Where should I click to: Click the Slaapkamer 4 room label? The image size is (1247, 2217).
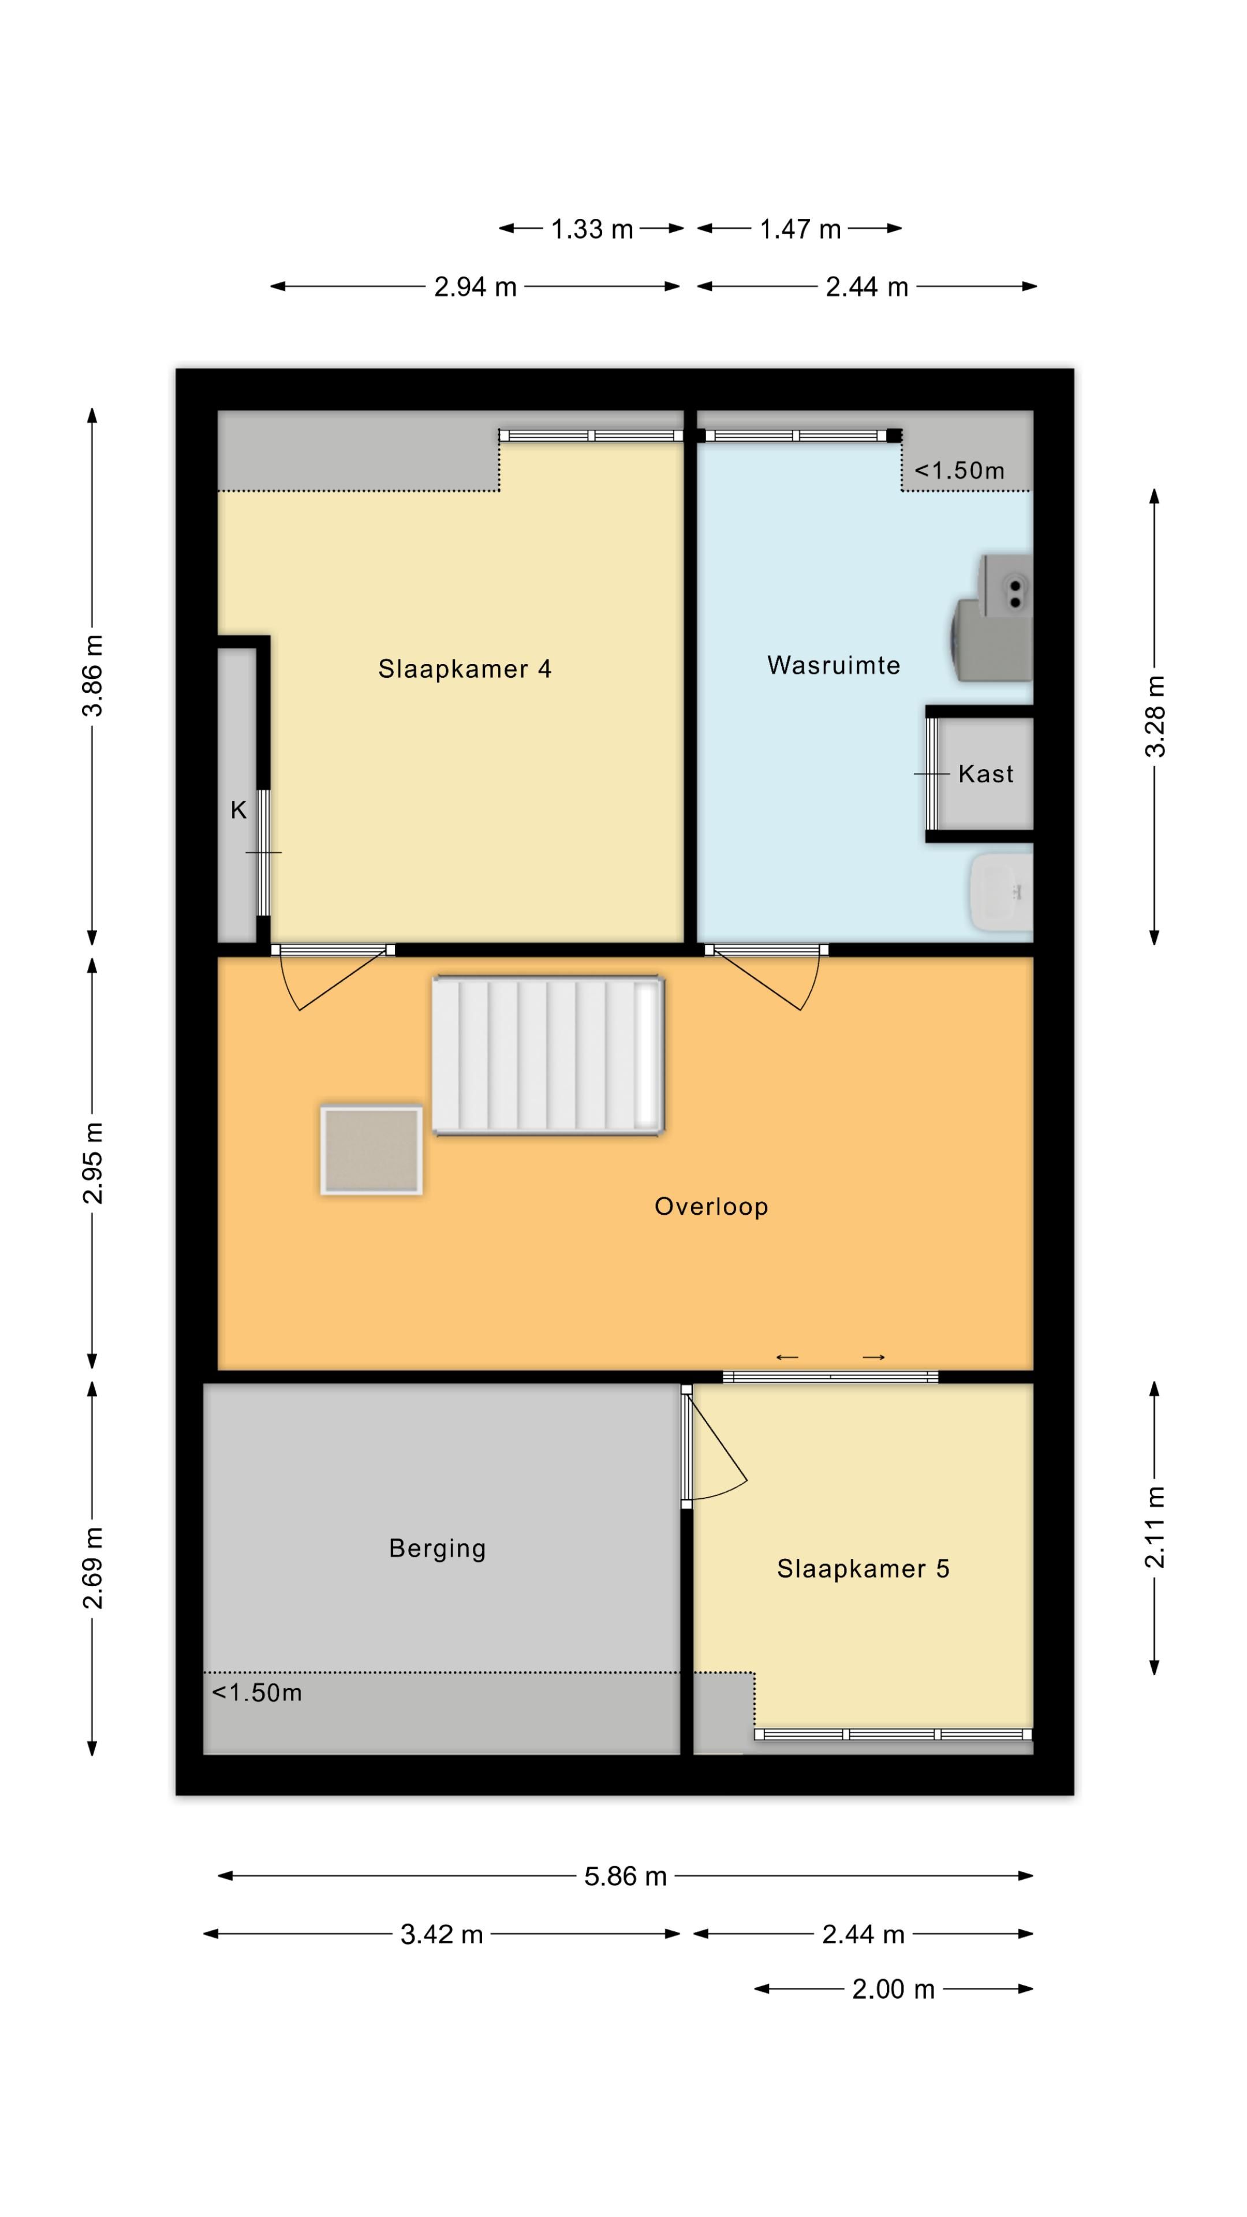[465, 669]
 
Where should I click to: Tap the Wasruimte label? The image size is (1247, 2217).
[833, 665]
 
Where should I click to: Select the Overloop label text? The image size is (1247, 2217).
[711, 1207]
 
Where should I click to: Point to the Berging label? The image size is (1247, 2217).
[437, 1548]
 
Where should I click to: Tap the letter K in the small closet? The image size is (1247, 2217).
[238, 810]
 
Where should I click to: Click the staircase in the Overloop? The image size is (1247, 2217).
[548, 1055]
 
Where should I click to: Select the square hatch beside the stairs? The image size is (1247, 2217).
[371, 1150]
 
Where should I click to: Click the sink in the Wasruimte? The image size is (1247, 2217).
[1002, 891]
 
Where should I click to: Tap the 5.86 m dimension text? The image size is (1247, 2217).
[626, 1876]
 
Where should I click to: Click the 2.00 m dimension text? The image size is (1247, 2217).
[893, 1989]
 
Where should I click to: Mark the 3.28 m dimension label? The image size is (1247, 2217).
[1155, 716]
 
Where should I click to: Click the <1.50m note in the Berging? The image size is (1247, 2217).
[256, 1692]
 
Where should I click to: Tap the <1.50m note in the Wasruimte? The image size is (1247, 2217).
[959, 470]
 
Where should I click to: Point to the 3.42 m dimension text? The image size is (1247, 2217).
[442, 1935]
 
